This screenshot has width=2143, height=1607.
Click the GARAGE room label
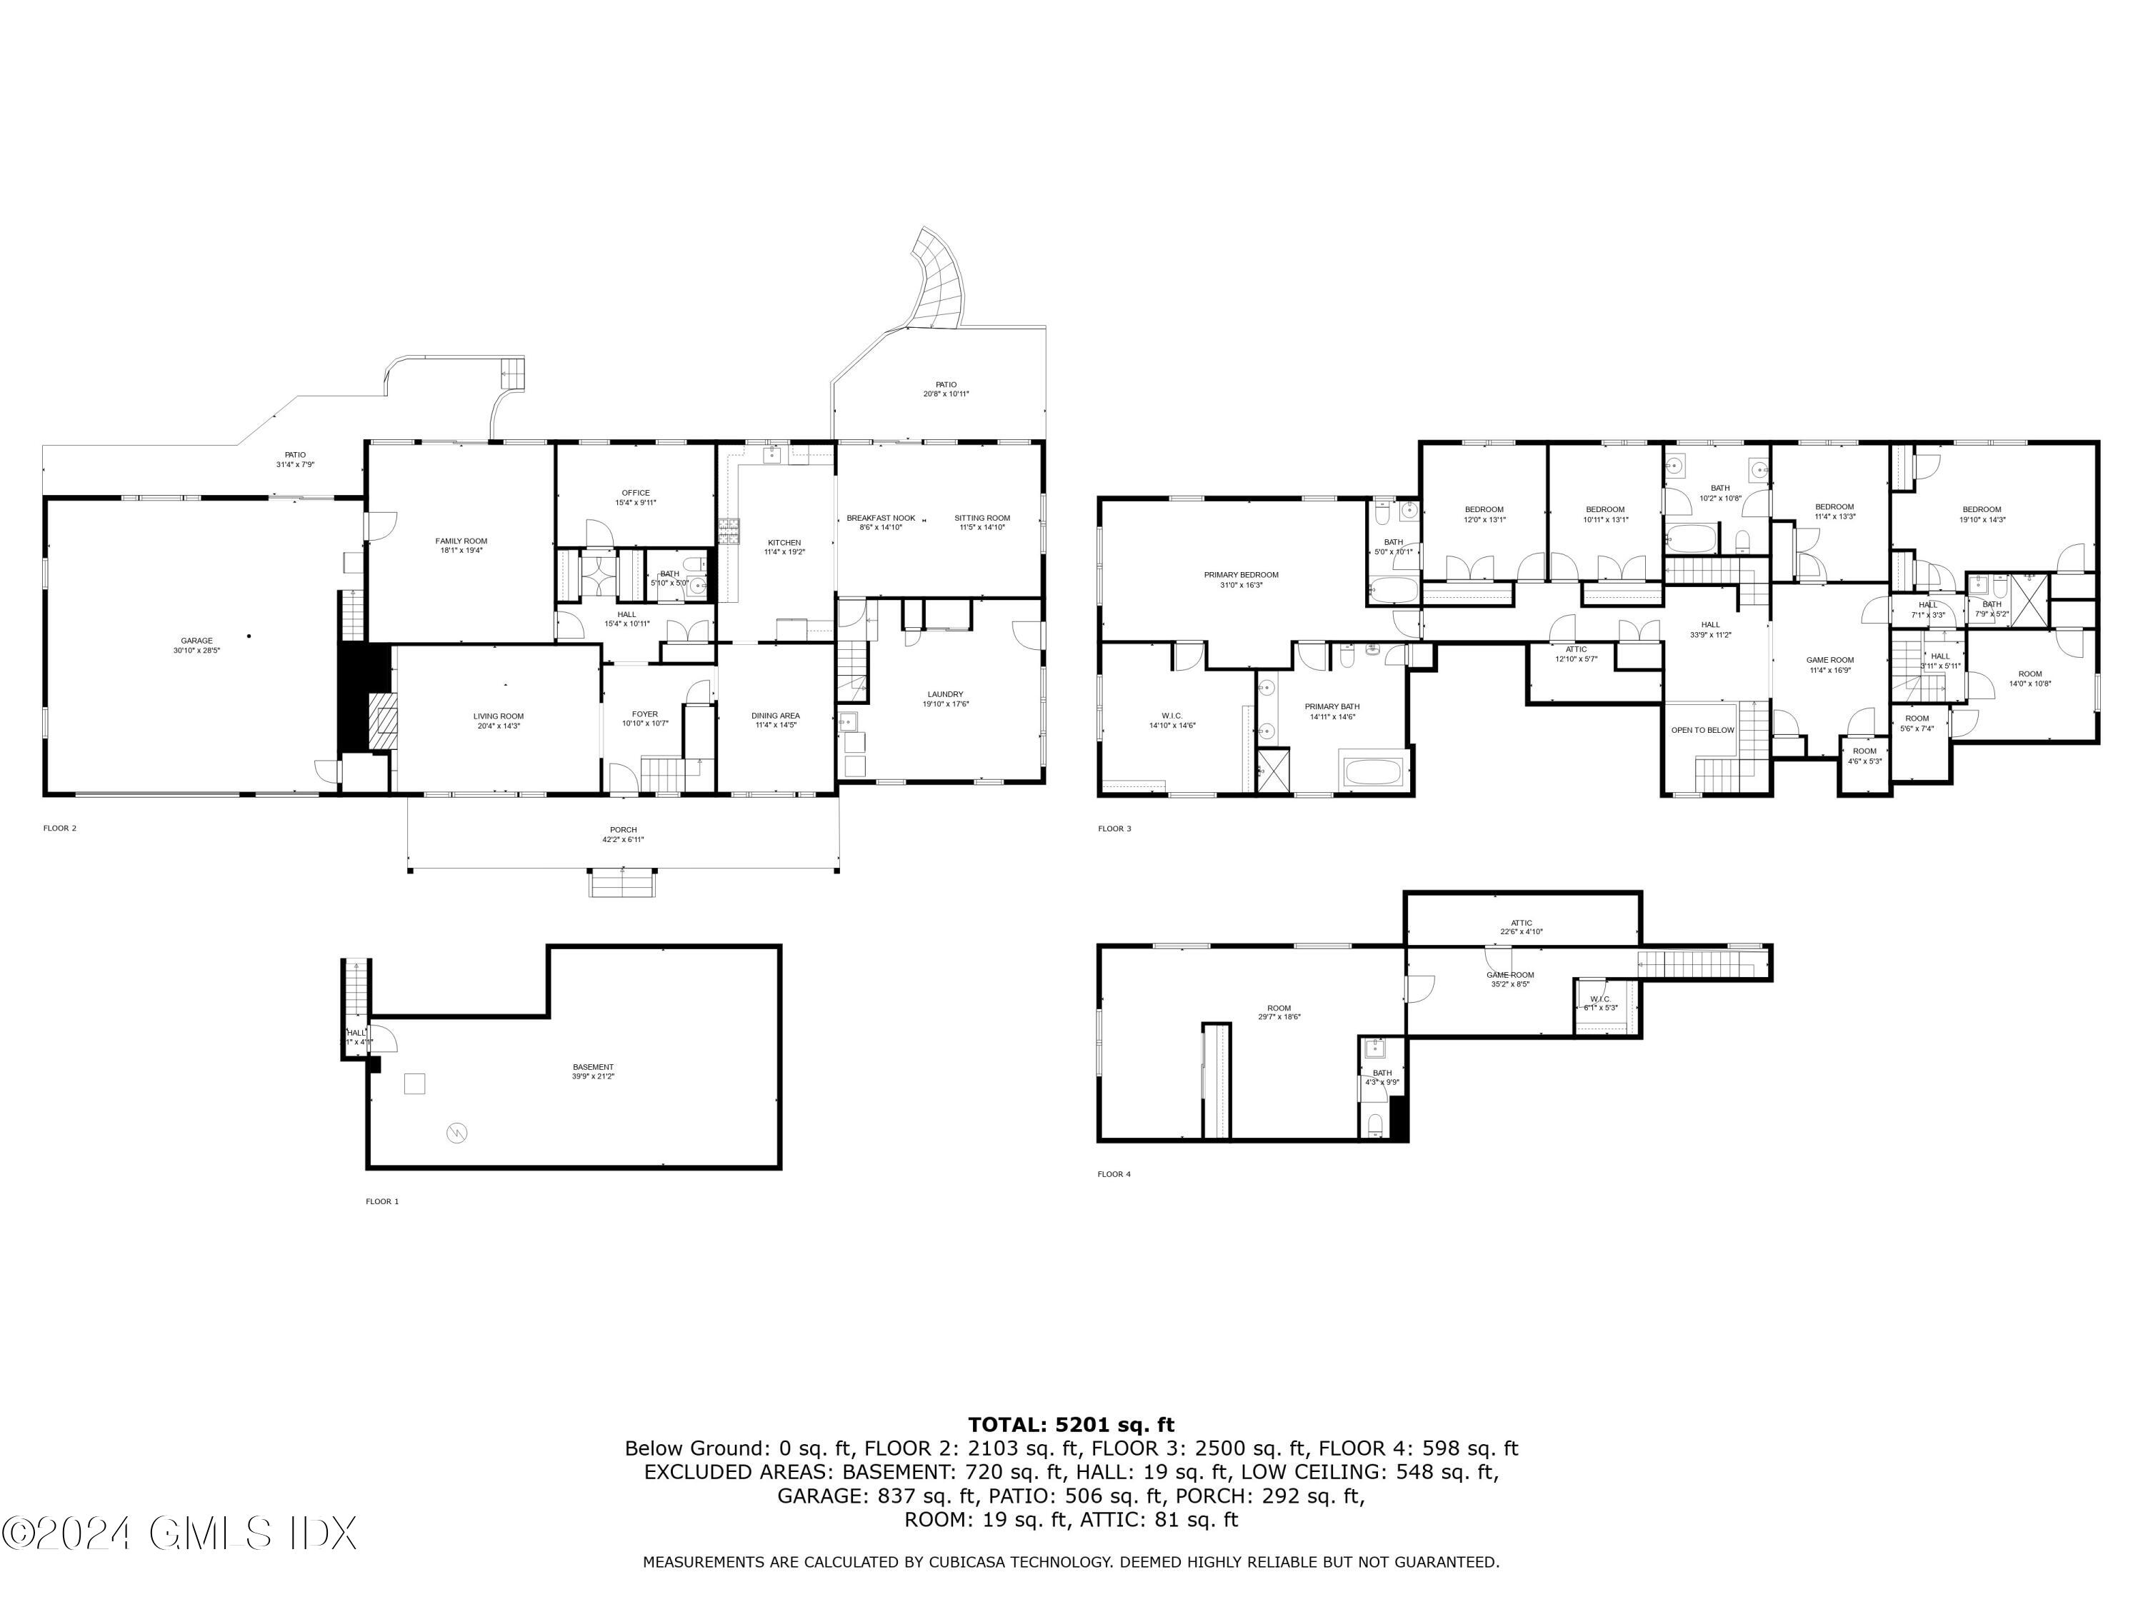coord(196,640)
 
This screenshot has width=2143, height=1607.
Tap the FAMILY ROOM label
coord(461,541)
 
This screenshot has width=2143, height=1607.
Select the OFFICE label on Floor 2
coord(636,493)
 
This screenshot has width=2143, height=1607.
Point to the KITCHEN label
coord(784,542)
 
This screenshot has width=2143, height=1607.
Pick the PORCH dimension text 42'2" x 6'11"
coord(623,840)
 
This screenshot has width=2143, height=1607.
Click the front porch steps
coord(622,883)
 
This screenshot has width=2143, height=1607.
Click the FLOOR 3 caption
coord(1114,828)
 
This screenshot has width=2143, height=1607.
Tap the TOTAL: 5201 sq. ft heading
coord(1071,1425)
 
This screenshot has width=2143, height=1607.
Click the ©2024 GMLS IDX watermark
coord(179,1533)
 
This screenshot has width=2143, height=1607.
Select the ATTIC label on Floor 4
coord(1521,923)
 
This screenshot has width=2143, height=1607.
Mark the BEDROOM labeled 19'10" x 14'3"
coord(1982,509)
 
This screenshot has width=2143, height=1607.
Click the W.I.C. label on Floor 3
coord(1172,716)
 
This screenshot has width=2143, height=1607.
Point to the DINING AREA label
coord(775,716)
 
